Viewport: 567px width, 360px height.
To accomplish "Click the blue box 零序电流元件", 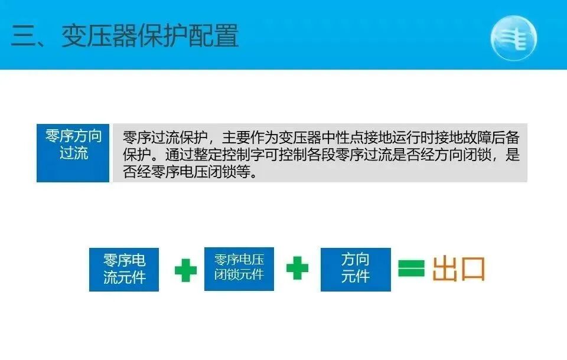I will tap(124, 269).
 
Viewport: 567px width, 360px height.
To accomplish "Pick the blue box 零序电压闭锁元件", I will tap(239, 269).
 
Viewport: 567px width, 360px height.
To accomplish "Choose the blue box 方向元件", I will tap(356, 269).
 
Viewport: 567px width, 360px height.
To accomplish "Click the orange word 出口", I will tap(458, 269).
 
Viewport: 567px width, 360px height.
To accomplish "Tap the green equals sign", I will tap(411, 269).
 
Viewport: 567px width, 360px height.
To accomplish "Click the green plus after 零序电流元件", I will tap(185, 270).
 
